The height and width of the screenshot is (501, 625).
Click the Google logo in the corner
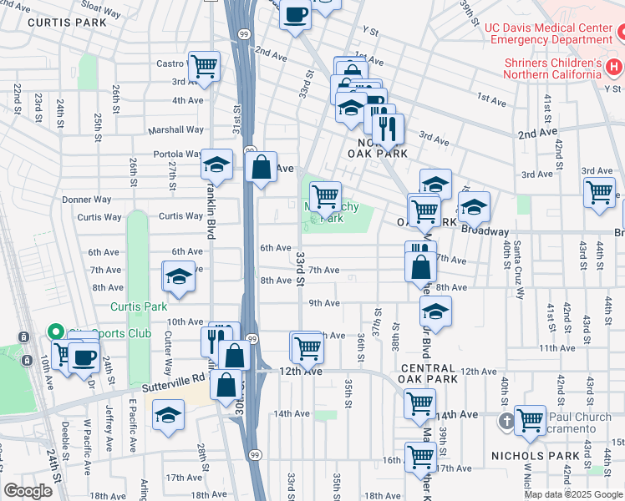click(28, 491)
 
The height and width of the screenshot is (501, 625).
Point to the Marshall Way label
click(175, 129)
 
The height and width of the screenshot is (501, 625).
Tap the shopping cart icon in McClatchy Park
click(324, 196)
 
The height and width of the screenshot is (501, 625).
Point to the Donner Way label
click(87, 200)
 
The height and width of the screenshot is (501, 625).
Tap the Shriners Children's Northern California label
click(552, 68)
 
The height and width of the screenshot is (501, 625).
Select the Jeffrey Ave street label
click(109, 422)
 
